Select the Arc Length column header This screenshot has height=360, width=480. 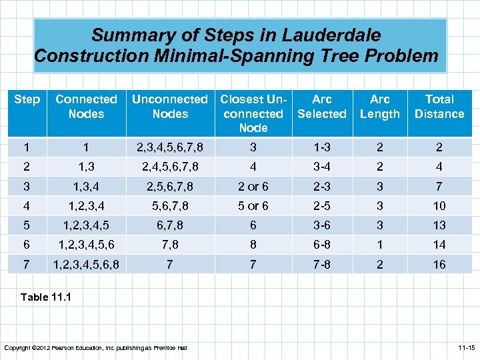(379, 106)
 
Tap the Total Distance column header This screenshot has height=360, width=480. (439, 106)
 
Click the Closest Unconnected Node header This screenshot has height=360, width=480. (253, 113)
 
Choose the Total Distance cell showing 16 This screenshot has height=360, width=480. (439, 264)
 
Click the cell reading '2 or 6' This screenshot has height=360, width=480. (253, 187)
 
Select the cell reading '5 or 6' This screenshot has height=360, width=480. (253, 206)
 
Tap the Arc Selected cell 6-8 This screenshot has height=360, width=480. (321, 245)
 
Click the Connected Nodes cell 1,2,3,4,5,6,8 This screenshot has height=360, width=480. (87, 264)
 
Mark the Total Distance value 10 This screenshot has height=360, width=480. (439, 206)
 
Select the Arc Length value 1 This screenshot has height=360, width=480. (379, 245)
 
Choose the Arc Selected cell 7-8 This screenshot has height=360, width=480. (321, 264)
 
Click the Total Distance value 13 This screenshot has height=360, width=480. (439, 225)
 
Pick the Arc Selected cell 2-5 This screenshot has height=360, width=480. (321, 206)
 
